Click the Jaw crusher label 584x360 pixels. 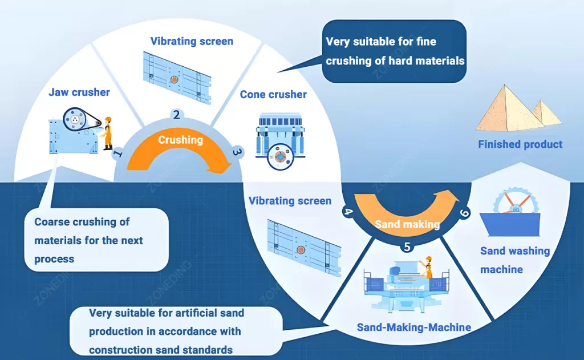79,92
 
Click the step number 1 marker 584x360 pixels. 118,153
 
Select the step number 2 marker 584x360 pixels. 177,114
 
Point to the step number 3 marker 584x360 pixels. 237,152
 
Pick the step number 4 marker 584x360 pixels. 347,212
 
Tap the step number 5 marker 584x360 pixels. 407,246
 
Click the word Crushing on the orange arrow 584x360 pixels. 180,140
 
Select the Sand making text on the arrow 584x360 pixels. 407,224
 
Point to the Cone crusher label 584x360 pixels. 273,94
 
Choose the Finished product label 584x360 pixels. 520,144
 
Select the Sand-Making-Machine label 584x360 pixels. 413,327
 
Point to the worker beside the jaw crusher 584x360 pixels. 107,133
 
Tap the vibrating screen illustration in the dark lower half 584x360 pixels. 303,240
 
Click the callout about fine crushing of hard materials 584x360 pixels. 395,51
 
